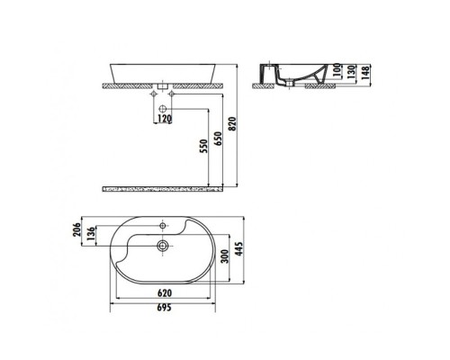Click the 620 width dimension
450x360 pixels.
tap(164, 293)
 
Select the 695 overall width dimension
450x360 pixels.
tap(164, 309)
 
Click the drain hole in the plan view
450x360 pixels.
tap(162, 245)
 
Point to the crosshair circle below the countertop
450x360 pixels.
tap(165, 105)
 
